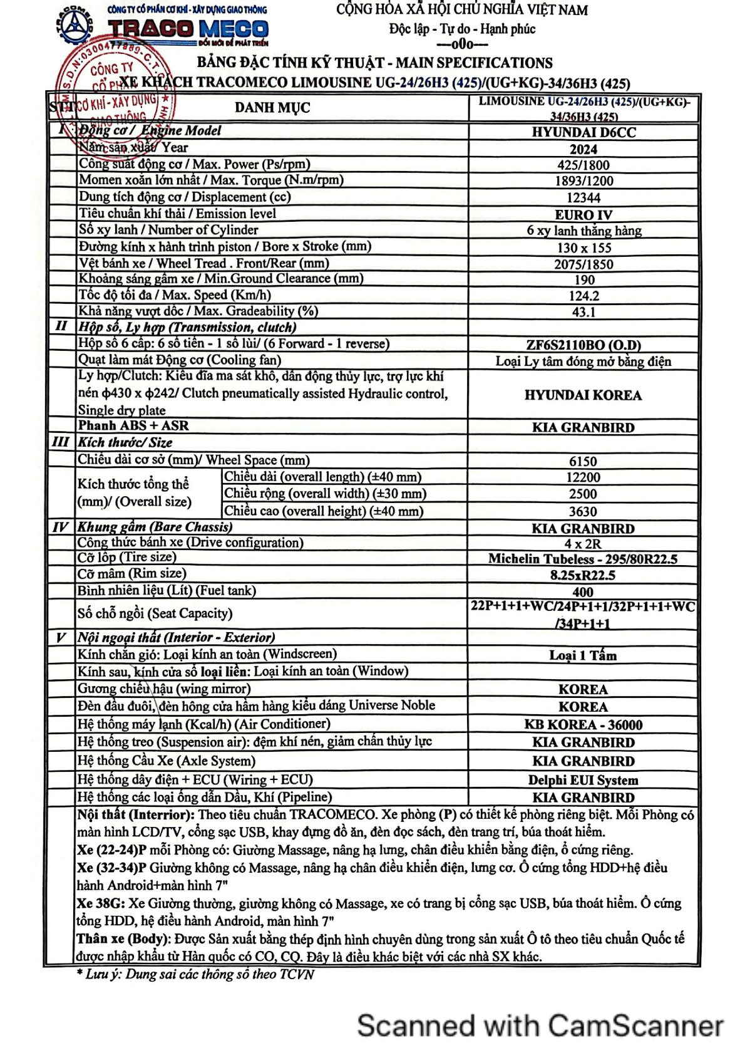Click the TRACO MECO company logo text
(188, 29)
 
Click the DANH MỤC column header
(272, 108)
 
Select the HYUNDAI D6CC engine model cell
(583, 132)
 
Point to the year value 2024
(583, 149)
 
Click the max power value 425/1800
(583, 165)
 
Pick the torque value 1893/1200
(583, 181)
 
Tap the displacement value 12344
(583, 198)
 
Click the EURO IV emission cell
(583, 215)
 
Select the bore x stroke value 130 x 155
(583, 248)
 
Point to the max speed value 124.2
(583, 296)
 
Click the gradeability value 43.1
(583, 312)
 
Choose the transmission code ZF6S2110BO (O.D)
(583, 345)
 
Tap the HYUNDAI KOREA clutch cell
(583, 395)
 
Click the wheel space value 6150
(583, 462)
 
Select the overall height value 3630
(583, 512)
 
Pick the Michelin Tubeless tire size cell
(583, 559)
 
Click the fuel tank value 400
(583, 592)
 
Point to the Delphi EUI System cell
(583, 781)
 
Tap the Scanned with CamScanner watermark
(540, 1026)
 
